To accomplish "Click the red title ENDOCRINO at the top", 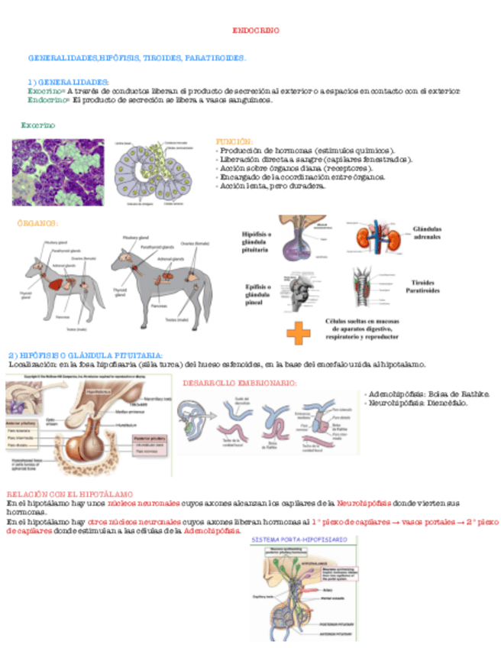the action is point(256,31).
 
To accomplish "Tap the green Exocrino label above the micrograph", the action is point(37,125).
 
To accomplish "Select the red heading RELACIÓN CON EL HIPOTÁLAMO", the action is point(69,495).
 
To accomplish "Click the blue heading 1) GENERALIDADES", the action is point(68,82).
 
